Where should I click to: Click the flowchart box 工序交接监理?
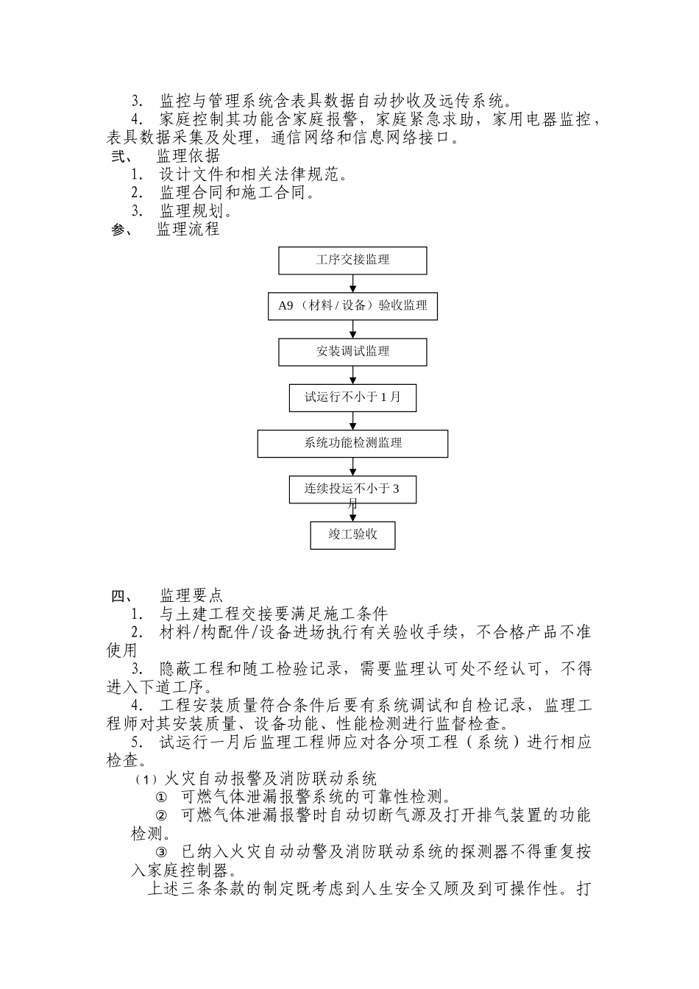tap(352, 260)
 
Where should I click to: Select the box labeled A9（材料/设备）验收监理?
tap(352, 306)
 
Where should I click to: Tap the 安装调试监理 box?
tap(352, 352)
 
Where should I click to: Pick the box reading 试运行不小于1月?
tap(352, 397)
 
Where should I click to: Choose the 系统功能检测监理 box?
tap(352, 443)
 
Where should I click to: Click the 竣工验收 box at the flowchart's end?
tap(352, 535)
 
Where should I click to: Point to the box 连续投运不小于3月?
tap(352, 489)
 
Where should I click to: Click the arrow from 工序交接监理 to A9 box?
tap(353, 283)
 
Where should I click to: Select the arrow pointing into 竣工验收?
tap(353, 513)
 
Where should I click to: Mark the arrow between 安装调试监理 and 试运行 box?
tap(353, 375)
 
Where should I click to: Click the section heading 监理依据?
tap(188, 156)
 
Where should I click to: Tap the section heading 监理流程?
tap(188, 230)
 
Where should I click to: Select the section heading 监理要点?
tap(191, 595)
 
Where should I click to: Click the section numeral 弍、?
tap(119, 156)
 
